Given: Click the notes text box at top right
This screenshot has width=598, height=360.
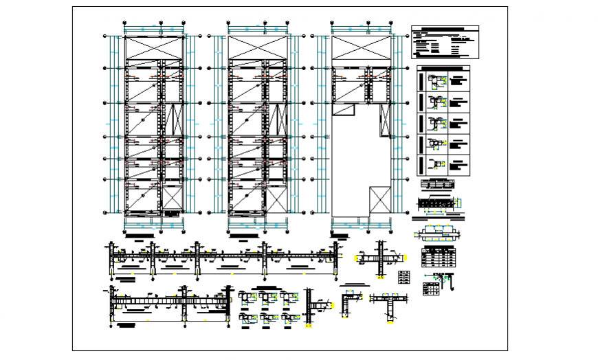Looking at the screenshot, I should [x=445, y=42].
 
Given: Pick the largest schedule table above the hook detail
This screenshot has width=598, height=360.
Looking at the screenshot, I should [x=439, y=257].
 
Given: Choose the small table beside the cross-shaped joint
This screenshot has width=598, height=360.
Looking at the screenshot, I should [x=404, y=278].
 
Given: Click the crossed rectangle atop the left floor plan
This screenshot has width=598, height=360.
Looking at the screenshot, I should [x=154, y=48].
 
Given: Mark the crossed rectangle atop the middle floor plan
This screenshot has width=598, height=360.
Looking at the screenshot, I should [x=258, y=48].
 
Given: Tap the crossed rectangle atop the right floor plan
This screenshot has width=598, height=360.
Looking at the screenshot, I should [x=362, y=48].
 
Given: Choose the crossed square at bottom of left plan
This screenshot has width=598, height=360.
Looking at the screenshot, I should [x=173, y=200].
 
